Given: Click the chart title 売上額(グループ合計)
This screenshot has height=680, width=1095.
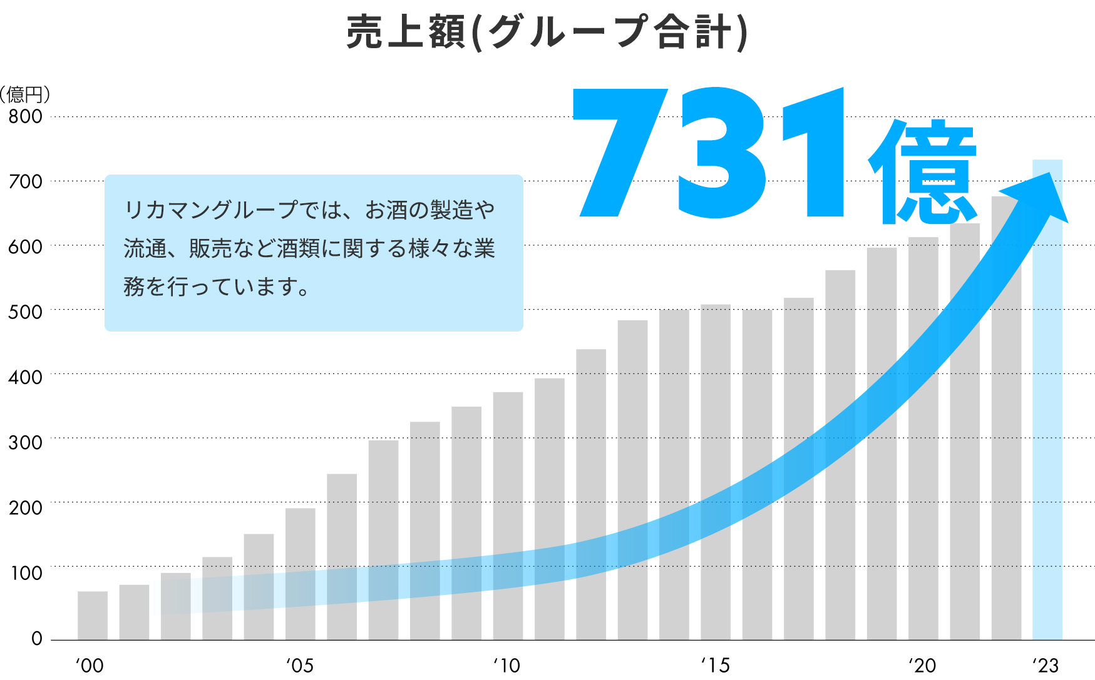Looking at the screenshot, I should click(x=547, y=33).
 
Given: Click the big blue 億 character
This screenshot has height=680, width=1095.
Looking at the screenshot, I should click(x=922, y=172).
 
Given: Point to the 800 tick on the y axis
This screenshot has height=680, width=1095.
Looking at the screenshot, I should click(x=26, y=116).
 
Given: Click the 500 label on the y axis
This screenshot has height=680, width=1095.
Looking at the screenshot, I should click(x=26, y=312).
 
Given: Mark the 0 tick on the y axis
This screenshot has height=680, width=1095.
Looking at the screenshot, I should click(x=37, y=639).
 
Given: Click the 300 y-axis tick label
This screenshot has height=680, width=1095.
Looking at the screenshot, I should click(x=26, y=443).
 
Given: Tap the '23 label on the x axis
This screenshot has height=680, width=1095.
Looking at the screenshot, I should click(x=1046, y=665).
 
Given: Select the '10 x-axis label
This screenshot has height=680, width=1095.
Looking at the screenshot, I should click(x=506, y=665).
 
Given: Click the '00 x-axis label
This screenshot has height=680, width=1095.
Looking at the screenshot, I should click(x=90, y=665).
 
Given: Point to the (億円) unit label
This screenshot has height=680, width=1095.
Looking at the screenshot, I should click(x=25, y=94).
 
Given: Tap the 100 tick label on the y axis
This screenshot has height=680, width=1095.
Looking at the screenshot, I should click(x=26, y=573).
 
